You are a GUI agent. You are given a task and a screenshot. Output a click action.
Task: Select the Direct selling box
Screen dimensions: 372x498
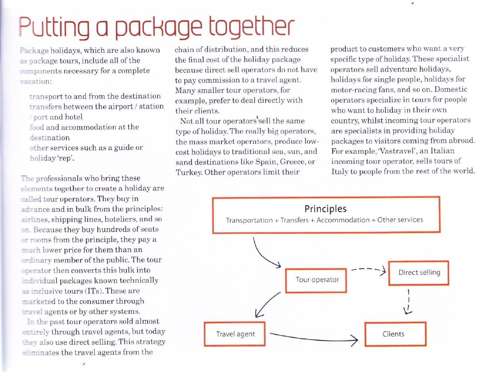coord(419,272)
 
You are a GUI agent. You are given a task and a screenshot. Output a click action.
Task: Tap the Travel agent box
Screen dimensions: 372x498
coord(235,334)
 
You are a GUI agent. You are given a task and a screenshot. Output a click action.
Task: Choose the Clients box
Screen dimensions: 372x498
coord(395,334)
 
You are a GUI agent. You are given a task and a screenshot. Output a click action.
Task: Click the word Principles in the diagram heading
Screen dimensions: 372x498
coord(326,209)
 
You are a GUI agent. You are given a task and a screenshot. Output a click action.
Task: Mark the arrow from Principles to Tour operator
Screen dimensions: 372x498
coord(264,256)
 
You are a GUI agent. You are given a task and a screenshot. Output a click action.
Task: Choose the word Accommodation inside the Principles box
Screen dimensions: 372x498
coord(342,220)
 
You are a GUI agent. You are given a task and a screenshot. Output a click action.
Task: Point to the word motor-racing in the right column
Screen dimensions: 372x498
coord(353,89)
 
